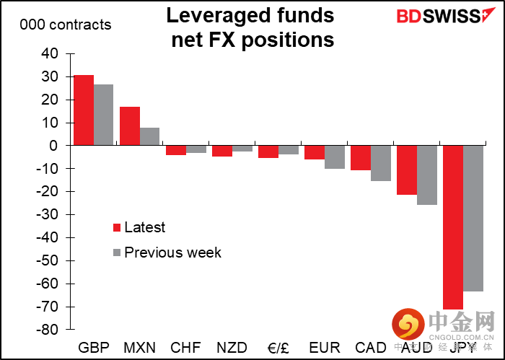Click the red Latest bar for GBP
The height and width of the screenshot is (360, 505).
[84, 110]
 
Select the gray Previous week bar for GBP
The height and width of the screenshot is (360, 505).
[103, 115]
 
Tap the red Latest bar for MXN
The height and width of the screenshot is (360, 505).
[130, 126]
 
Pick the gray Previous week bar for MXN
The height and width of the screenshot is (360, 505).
[149, 136]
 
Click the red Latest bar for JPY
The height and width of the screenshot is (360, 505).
[452, 227]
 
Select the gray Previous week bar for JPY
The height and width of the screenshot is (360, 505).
[473, 218]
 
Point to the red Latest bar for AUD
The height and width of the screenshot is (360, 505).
[406, 170]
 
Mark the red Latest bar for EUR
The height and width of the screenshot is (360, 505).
[314, 152]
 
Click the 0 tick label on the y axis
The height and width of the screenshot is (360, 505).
[53, 146]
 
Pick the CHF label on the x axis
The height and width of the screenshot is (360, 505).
[185, 347]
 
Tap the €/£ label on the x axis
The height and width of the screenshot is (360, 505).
[278, 347]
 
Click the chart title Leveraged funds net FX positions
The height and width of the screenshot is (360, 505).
[252, 27]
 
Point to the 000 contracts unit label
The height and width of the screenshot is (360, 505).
[66, 25]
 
